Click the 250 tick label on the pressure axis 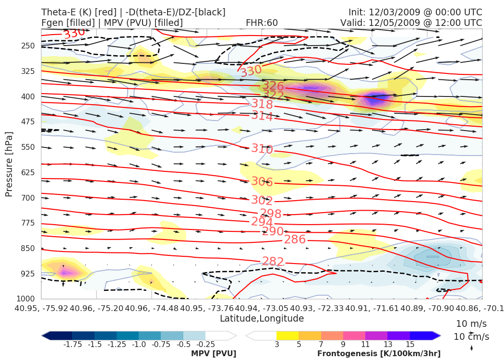[28, 46]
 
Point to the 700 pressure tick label [28, 198]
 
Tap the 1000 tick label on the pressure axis [26, 299]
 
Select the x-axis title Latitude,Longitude [262, 319]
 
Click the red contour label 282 [273, 262]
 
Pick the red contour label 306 [262, 182]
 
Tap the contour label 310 [262, 149]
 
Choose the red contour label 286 [295, 240]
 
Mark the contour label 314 [262, 116]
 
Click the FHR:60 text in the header [262, 23]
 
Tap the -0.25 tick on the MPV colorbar [205, 344]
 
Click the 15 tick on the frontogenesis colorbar [410, 344]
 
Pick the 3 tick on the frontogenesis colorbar [276, 344]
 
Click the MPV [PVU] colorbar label [214, 353]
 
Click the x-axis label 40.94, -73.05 [262, 308]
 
